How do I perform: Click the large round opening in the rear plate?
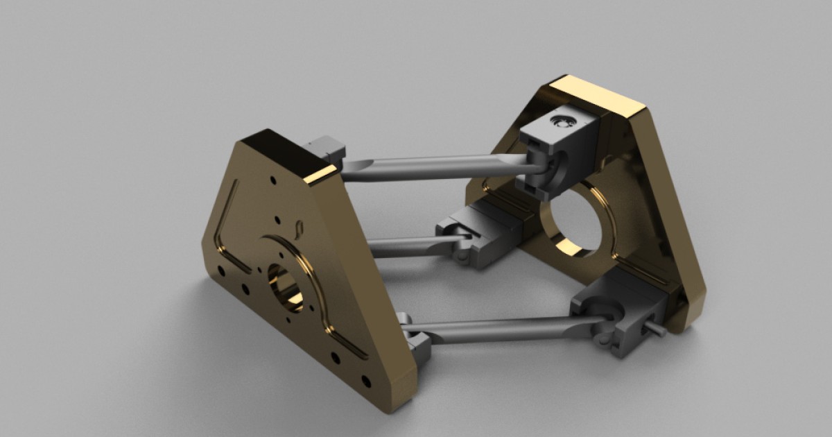[x=574, y=225]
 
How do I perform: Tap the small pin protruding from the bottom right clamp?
[x=656, y=330]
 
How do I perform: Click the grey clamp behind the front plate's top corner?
[x=326, y=148]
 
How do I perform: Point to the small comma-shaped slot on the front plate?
[x=299, y=228]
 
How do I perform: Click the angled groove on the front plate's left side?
[x=225, y=229]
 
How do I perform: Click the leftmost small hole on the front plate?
[x=220, y=270]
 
